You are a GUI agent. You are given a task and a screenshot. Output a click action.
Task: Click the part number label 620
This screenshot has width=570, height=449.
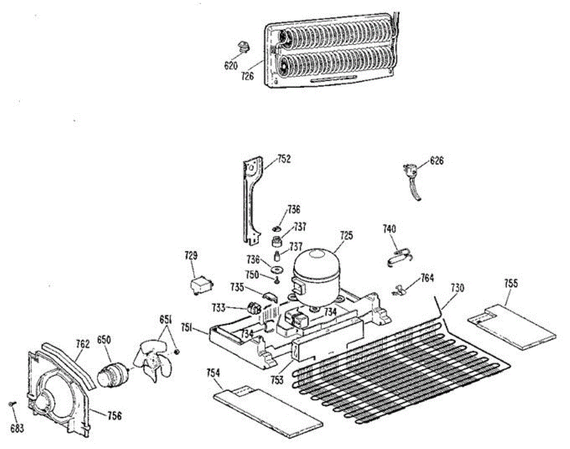pyautogui.click(x=230, y=66)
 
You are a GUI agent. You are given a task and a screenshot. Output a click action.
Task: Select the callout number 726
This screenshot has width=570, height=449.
pyautogui.click(x=247, y=75)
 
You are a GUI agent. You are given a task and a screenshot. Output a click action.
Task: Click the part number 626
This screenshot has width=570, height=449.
pyautogui.click(x=437, y=160)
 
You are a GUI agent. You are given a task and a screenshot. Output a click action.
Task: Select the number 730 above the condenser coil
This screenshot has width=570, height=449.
pyautogui.click(x=458, y=288)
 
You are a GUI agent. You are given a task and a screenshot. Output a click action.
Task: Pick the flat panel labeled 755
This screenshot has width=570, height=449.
pyautogui.click(x=512, y=327)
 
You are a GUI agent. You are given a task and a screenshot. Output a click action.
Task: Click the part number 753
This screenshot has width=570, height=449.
pyautogui.click(x=277, y=379)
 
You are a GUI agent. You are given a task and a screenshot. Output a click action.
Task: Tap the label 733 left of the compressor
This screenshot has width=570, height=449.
pyautogui.click(x=218, y=307)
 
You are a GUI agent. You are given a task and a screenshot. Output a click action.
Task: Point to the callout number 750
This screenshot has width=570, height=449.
pyautogui.click(x=252, y=274)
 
